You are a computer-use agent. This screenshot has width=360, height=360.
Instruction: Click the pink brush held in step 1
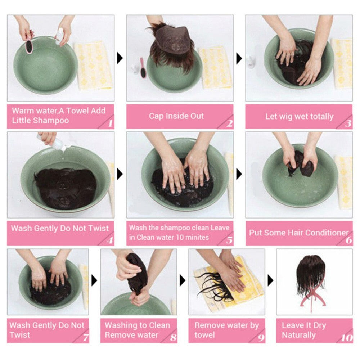click(29, 46)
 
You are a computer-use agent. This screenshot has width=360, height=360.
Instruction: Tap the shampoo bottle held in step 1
click(59, 35)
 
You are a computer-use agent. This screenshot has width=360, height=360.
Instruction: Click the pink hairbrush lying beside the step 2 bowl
click(143, 68)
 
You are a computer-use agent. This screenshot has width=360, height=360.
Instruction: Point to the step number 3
click(348, 123)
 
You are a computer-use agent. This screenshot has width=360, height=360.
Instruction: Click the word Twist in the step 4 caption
click(99, 229)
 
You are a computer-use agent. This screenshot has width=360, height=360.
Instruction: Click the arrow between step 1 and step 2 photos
click(120, 58)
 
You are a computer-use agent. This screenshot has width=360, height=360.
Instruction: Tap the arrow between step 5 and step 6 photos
click(239, 174)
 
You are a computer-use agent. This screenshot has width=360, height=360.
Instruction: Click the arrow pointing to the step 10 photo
click(270, 280)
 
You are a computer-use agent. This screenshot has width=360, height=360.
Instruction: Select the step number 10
click(347, 338)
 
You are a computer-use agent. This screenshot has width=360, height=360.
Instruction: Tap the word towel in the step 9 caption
click(204, 335)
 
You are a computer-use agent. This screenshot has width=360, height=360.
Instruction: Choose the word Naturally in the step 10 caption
click(299, 335)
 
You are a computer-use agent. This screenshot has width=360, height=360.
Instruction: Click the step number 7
click(86, 338)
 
